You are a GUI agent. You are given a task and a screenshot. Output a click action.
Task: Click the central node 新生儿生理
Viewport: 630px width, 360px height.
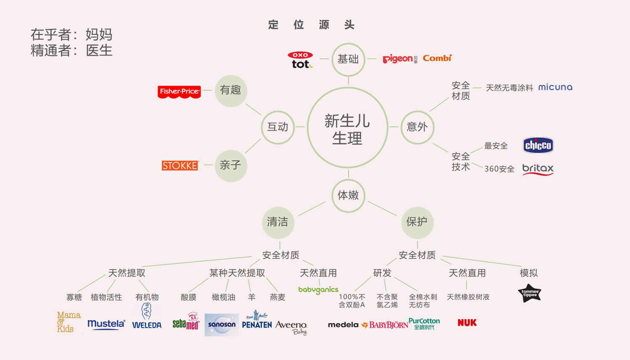point(347,128)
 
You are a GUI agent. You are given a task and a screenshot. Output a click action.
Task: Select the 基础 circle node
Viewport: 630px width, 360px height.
point(348,59)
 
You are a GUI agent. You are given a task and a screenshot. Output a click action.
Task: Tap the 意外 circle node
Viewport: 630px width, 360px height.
point(417,127)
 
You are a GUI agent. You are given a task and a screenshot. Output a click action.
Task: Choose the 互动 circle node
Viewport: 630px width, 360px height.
point(278,127)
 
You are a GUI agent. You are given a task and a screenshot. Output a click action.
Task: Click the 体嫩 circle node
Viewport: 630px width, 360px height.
point(348,195)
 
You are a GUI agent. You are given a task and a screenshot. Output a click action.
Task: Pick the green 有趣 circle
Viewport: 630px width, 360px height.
point(231,90)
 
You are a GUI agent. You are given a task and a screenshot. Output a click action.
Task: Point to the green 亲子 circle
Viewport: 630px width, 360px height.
point(231,166)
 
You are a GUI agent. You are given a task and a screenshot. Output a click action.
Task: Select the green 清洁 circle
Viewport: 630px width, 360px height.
point(278,222)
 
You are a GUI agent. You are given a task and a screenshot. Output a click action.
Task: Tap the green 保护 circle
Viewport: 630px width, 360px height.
point(417,222)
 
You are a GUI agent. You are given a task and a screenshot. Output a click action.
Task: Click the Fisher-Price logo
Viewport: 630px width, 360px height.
point(179,92)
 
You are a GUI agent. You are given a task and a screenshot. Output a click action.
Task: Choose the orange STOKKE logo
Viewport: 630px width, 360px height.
point(180,166)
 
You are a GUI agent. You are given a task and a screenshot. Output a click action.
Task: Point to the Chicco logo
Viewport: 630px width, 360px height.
point(538,145)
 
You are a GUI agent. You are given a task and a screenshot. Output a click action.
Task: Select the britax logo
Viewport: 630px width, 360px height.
point(538,169)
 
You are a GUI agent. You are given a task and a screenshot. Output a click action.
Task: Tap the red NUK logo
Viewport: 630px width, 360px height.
point(467,323)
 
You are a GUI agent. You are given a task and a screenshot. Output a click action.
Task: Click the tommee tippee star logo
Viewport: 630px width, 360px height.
point(530,293)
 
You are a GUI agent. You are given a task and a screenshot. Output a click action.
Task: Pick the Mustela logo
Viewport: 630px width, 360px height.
point(106,324)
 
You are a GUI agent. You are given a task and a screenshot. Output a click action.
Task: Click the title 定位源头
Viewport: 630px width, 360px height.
point(311,25)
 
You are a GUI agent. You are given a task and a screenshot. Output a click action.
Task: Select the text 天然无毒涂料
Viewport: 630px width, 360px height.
point(509,88)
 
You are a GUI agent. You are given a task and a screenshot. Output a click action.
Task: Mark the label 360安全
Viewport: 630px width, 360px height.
point(499,169)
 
